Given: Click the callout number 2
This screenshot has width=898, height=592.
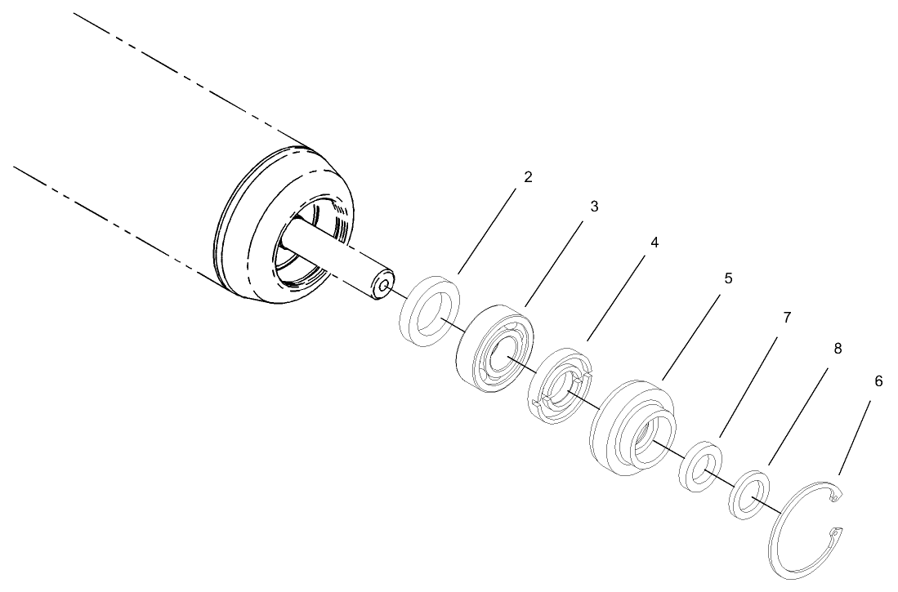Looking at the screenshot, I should coord(528,177).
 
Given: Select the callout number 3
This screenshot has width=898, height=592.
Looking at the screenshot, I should coord(594,207).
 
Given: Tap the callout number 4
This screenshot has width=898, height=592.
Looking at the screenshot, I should coord(655,243).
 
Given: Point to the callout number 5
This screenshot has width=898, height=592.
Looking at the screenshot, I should coord(728,278).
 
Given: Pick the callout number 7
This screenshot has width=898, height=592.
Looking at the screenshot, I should coord(787,318).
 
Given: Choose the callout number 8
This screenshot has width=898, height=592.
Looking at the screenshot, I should coord(838,349).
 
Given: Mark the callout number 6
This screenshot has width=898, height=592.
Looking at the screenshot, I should coord(878,381).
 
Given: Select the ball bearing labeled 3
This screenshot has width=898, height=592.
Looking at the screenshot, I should coord(493,350).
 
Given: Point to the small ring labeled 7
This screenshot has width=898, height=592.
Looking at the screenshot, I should coord(700,465).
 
